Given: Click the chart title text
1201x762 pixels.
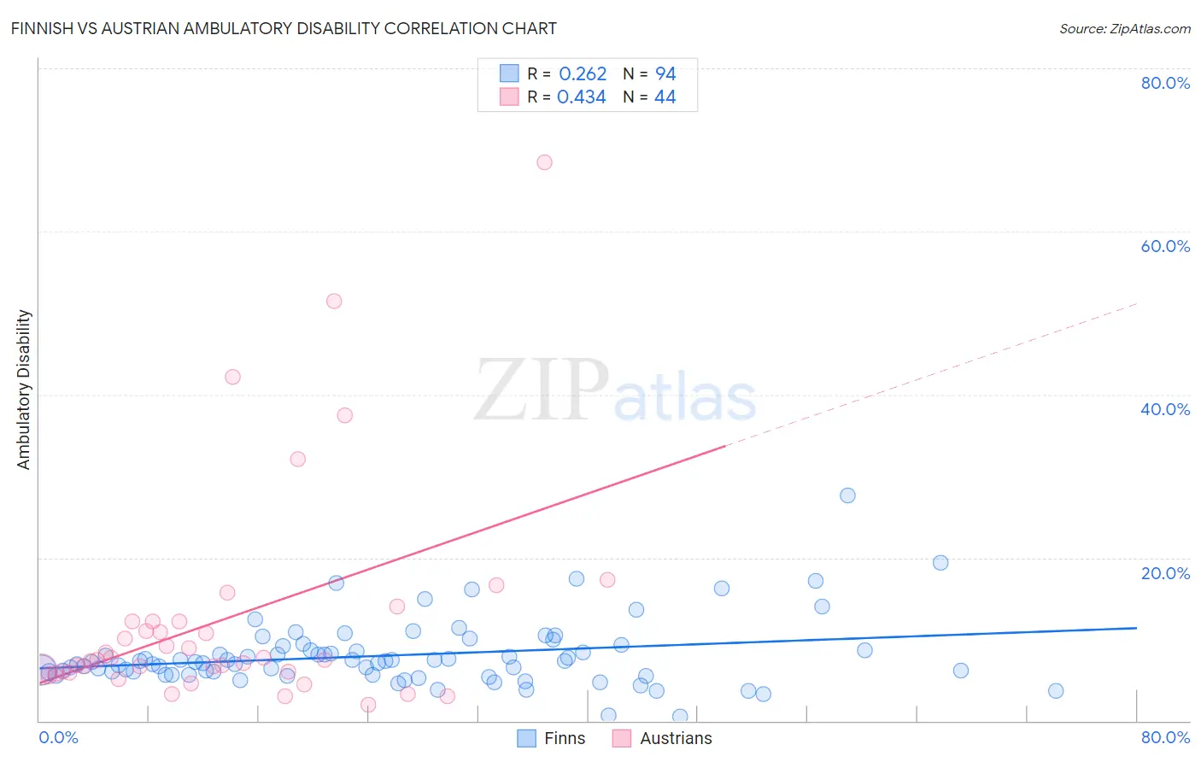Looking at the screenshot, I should point(284,28).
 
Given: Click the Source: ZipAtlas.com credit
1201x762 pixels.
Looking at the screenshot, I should point(1124,28).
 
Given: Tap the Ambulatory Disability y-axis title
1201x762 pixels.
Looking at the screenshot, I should point(24,390).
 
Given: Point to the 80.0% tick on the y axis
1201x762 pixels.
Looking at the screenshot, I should point(1165,83).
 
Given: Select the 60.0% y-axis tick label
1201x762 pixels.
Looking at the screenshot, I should point(1165,246).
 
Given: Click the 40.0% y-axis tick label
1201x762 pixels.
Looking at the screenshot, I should point(1165,409).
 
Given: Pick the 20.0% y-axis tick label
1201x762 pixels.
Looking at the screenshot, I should point(1165,573).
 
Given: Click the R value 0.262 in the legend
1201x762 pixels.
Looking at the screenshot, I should point(583,74).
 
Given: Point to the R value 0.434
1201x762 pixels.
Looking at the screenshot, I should point(582,97).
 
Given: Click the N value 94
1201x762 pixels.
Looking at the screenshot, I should point(665,74).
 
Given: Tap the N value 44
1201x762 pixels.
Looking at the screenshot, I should point(665,97).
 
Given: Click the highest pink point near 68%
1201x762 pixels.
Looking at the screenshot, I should point(544,162).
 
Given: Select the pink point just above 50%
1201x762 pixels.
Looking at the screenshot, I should point(334,302).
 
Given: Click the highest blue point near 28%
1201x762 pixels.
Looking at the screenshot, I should point(847,495).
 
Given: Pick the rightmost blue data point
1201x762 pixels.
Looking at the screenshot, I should point(1056,691).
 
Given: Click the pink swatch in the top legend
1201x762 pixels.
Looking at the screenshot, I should point(509,97).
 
